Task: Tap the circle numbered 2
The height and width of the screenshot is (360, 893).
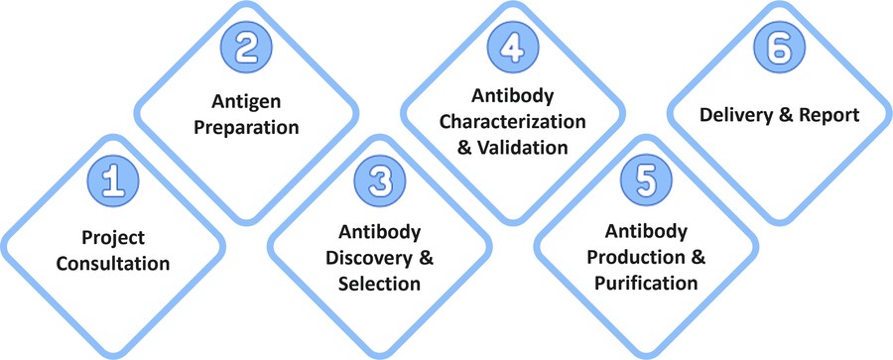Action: tap(245, 48)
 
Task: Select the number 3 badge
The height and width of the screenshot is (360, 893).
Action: tap(378, 182)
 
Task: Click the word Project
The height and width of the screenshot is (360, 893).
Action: tap(114, 240)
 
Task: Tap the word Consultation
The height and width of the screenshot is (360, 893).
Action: tap(114, 265)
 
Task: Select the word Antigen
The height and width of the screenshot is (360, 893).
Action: tap(245, 102)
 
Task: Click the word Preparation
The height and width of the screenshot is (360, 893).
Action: tap(245, 128)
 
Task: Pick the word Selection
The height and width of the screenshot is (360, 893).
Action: tap(378, 284)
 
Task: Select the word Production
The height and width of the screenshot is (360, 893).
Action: tap(635, 259)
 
